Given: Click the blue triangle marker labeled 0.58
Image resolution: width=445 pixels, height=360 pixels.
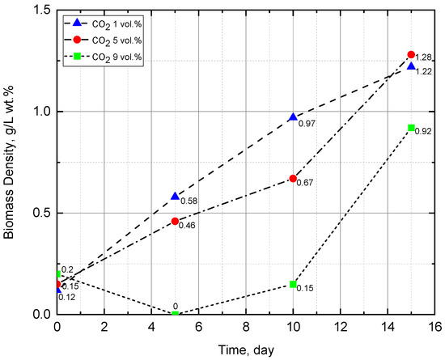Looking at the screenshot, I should pos(175,197).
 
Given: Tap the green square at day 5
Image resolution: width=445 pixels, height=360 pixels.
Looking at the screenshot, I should pos(175,314).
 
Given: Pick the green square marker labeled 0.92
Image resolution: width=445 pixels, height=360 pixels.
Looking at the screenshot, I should pos(411,128).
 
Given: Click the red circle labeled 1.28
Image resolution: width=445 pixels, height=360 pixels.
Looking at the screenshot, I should pos(411,54).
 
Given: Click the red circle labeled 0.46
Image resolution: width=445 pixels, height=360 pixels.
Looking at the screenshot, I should pos(175,221).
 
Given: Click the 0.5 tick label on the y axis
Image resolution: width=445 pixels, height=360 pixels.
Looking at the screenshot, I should pos(40,213).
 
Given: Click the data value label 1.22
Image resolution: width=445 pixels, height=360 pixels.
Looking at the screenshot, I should pos(424,71).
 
